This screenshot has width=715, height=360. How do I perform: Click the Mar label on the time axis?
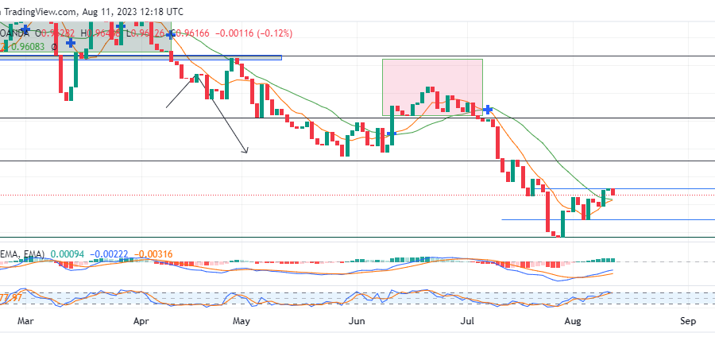pos(25,321)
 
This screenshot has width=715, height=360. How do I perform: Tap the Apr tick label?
pos(141,321)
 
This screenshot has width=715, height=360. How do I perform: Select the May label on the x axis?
pos(242,321)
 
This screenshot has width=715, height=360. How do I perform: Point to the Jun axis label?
pos(357,321)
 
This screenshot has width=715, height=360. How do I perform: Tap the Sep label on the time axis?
pos(688,321)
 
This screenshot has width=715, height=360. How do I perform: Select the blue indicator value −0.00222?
pos(109,254)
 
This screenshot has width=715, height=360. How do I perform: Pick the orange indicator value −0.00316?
pos(153,254)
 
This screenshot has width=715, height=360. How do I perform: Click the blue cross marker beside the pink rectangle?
pos(488,109)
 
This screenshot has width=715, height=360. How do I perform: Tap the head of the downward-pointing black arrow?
pos(245,151)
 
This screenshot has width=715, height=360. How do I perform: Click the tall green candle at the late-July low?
pos(561,223)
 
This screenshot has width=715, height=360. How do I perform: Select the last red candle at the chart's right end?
pos(613,192)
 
